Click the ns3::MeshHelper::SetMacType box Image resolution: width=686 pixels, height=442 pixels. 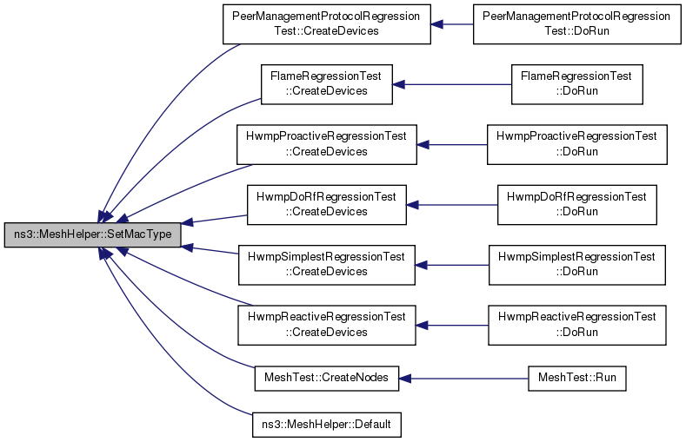click(92, 234)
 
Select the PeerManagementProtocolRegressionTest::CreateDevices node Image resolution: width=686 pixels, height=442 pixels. click(326, 24)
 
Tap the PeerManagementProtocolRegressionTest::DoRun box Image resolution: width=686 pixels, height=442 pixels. click(576, 24)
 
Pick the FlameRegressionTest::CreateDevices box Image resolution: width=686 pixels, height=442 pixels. click(326, 84)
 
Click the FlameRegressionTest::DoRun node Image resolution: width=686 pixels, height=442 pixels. click(576, 84)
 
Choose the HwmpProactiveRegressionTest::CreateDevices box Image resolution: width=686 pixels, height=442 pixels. click(326, 144)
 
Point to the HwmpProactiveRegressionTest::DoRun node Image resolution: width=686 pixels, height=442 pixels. click(576, 144)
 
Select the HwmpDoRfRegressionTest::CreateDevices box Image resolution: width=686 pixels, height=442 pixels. click(326, 205)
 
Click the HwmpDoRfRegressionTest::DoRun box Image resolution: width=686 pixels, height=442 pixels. click(576, 205)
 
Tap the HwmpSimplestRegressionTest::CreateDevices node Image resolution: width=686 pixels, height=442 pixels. click(326, 265)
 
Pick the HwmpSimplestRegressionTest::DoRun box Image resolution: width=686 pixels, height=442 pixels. click(576, 265)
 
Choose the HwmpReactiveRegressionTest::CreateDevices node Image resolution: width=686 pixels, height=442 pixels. click(326, 326)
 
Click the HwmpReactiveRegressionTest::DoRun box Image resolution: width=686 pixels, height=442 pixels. click(576, 326)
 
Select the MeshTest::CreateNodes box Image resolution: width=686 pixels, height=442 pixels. click(326, 379)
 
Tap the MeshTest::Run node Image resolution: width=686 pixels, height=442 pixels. click(576, 379)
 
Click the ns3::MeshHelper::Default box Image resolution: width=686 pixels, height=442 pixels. click(326, 425)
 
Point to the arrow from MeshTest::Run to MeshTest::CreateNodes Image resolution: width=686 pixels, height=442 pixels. click(463, 379)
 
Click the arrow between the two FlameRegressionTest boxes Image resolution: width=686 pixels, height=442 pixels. click(452, 84)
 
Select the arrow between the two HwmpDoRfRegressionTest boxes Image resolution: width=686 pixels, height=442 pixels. click(452, 205)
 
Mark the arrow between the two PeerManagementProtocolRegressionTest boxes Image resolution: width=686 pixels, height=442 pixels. click(452, 24)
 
